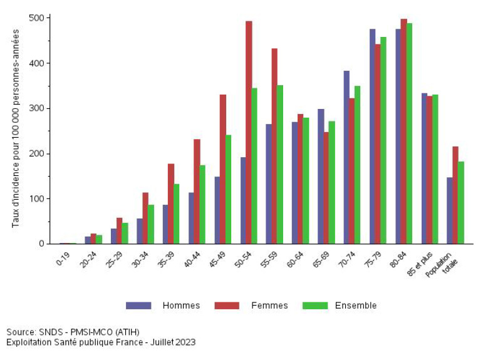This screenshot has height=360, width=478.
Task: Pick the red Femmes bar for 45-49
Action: click(223, 169)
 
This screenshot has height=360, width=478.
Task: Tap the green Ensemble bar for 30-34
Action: click(151, 224)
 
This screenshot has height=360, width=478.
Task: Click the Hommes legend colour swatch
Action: click(138, 306)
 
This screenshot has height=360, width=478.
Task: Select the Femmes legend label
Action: click(269, 306)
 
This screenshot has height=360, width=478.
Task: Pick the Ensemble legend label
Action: click(356, 306)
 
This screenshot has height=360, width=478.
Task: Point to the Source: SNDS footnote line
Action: click(73, 332)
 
